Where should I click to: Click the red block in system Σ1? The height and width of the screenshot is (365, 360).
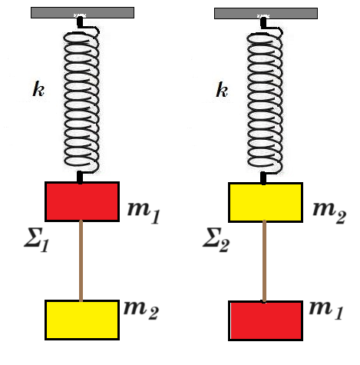82,201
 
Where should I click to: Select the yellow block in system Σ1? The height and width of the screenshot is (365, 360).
82,320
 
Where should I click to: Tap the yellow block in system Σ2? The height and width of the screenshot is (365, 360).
266,202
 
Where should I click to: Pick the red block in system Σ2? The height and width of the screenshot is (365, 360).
266,321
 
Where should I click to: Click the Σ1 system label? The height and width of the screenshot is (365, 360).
36,240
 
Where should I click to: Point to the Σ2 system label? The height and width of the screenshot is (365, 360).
216,240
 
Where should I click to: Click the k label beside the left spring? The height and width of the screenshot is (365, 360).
38,89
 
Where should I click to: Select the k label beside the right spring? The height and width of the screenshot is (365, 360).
222,90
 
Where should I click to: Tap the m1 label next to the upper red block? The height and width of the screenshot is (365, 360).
144,213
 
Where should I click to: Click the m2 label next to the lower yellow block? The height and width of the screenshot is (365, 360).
141,310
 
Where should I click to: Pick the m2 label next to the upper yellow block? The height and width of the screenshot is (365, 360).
329,213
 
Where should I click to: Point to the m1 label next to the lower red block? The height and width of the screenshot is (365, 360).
325,310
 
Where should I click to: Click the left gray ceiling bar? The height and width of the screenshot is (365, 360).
82,12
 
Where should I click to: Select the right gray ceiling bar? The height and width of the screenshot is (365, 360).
266,13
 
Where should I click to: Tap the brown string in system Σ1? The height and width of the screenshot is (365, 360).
81,260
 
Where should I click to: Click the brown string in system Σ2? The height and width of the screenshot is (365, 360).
264,261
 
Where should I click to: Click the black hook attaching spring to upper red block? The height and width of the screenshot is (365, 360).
80,178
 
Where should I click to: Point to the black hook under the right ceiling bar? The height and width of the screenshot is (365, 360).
263,22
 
